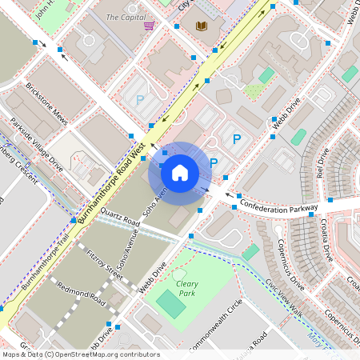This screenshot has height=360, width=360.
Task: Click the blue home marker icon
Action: click(180, 172)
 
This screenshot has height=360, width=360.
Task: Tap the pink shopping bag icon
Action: click(149, 26)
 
